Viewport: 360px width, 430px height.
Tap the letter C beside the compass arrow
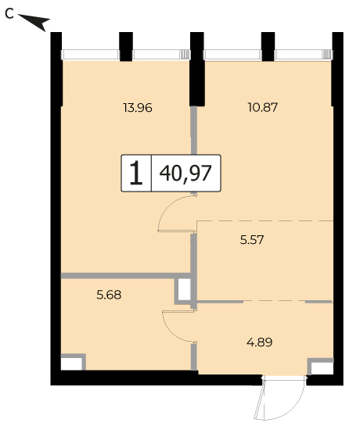[9, 14]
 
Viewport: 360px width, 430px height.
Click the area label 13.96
[138, 108]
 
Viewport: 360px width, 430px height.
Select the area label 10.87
[263, 107]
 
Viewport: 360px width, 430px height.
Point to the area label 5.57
[252, 240]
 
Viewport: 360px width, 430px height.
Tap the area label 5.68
[109, 295]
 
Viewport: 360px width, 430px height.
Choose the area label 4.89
[260, 342]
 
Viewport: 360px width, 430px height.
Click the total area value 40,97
[185, 174]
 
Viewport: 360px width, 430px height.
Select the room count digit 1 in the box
[136, 173]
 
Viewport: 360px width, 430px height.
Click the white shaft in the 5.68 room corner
[71, 364]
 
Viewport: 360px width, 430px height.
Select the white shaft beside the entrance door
[322, 368]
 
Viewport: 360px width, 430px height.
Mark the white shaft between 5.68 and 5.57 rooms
[184, 289]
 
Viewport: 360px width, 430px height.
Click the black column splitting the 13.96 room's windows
[126, 47]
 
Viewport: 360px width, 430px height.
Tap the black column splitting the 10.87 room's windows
[268, 47]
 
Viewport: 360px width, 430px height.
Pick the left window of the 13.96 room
[90, 55]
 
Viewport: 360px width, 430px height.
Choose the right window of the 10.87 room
[304, 55]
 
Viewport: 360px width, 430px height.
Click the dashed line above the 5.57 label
[265, 220]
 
